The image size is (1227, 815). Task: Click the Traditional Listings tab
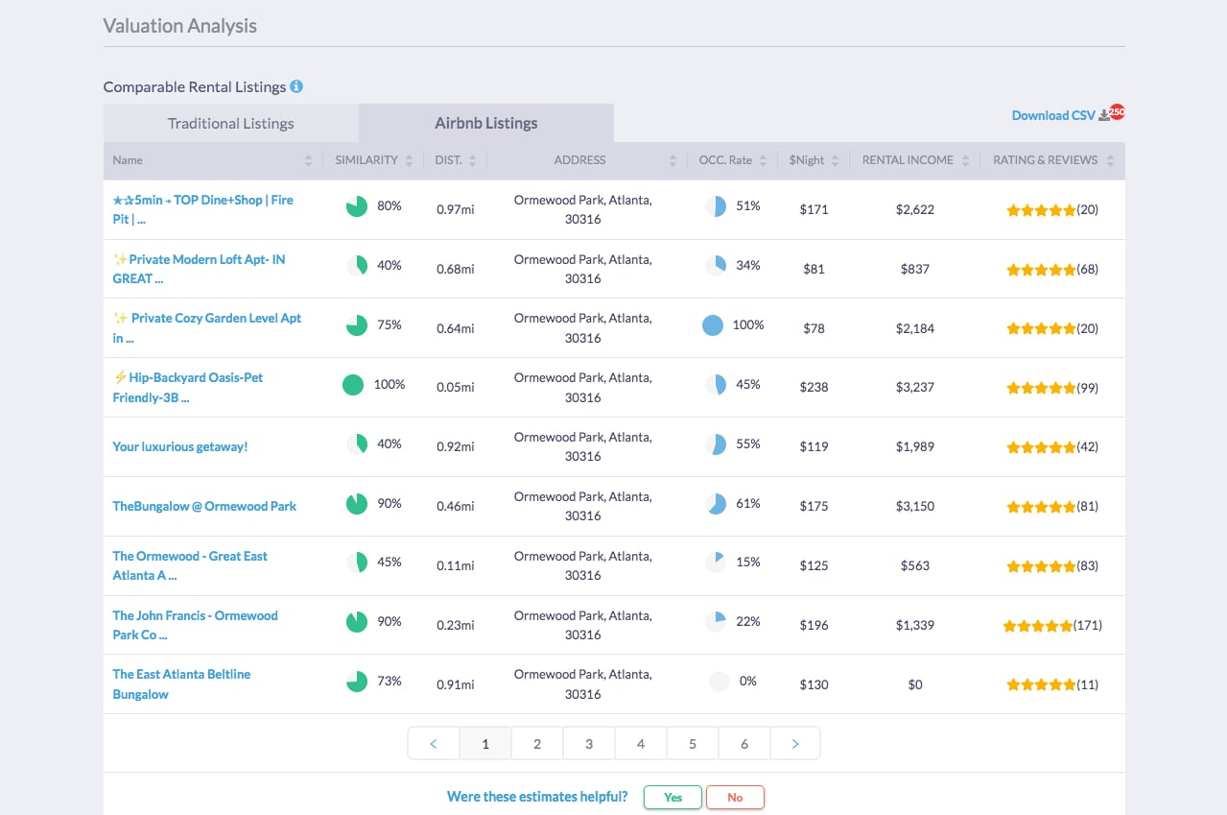(x=230, y=124)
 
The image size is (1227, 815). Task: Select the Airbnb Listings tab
(x=485, y=124)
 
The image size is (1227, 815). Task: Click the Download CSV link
(x=1053, y=115)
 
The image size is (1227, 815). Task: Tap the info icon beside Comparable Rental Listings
(x=296, y=86)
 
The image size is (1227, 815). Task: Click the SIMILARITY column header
(x=366, y=160)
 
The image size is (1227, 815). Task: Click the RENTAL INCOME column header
(x=908, y=160)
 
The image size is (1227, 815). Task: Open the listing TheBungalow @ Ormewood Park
(x=204, y=506)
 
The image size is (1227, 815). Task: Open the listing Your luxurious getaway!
(x=180, y=446)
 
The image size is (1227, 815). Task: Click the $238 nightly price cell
(x=814, y=387)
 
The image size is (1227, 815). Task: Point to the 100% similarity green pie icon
(x=353, y=385)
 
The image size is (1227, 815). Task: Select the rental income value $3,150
(x=914, y=506)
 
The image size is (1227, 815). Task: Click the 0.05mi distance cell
(x=455, y=387)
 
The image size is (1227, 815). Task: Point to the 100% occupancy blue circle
(x=713, y=325)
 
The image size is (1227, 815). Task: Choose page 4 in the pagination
(x=640, y=744)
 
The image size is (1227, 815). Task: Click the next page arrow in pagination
(x=794, y=744)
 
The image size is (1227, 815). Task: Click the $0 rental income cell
(x=914, y=684)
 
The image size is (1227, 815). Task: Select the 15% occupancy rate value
(x=747, y=562)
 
